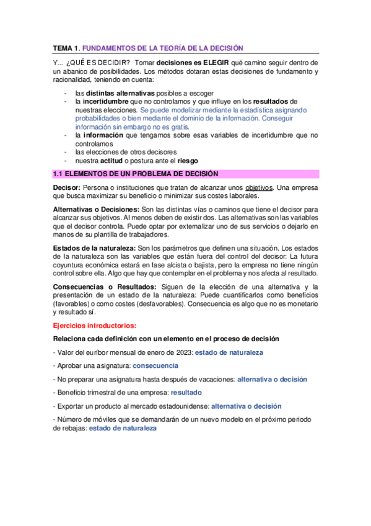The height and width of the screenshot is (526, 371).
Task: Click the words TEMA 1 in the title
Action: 64,48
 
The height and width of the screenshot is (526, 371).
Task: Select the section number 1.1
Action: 57,174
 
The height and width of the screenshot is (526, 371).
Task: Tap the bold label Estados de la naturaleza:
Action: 90,248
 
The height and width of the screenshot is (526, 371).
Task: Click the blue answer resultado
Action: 186,393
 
